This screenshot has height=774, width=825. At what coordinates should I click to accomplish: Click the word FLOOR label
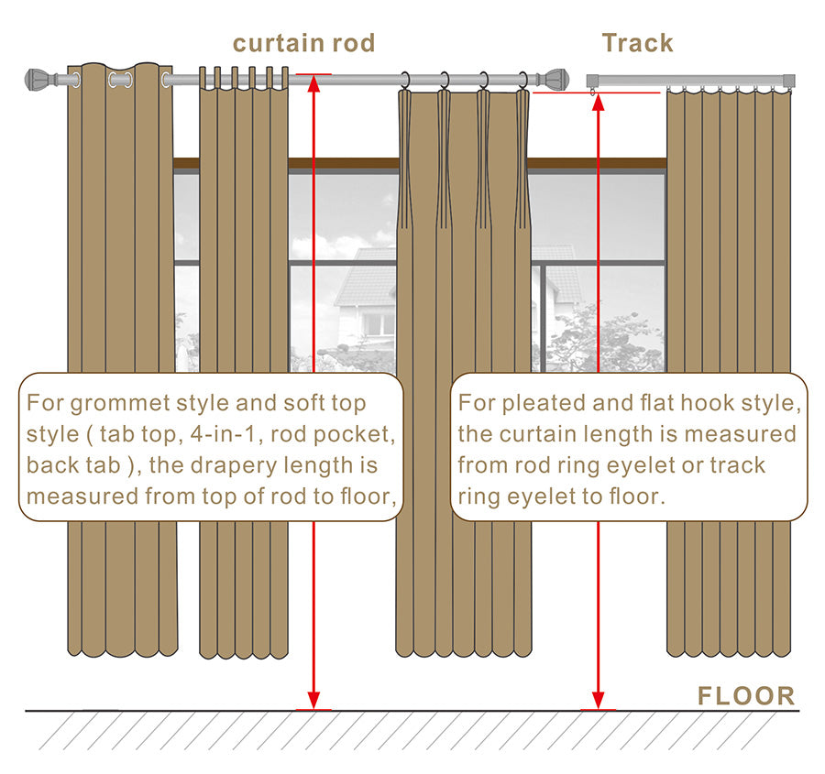[745, 695]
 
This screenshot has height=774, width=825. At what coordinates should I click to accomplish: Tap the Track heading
[638, 43]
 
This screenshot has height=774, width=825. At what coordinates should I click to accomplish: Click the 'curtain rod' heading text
[303, 43]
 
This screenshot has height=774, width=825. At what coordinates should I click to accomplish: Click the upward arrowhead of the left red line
[313, 84]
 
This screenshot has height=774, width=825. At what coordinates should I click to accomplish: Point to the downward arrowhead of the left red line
[313, 700]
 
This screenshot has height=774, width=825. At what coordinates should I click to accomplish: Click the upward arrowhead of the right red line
[598, 102]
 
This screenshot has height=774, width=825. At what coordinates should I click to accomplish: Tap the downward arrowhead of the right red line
[598, 700]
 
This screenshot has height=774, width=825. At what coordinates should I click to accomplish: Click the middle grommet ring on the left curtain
[120, 80]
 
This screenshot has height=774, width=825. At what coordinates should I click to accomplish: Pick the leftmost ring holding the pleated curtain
[404, 80]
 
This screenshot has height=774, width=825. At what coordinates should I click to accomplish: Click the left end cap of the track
[593, 81]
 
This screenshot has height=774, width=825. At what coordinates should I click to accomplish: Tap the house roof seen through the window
[366, 278]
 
